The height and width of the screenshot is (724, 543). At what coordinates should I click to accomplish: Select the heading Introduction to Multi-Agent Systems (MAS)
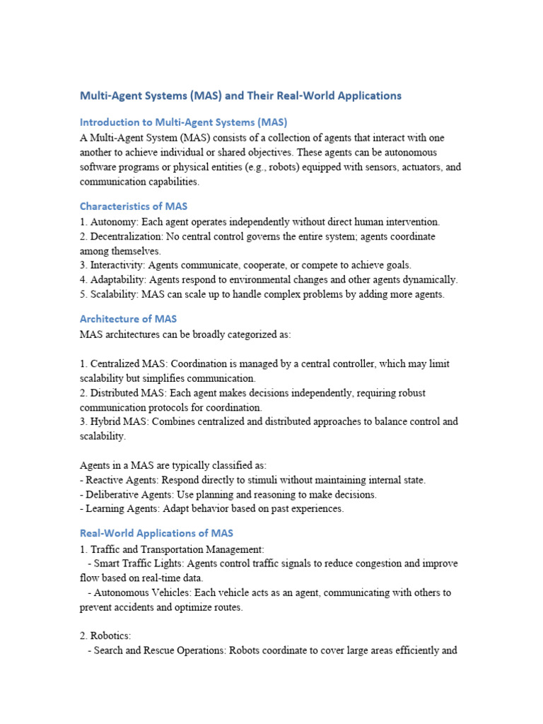point(183,122)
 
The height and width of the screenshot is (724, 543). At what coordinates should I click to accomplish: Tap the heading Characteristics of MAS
point(133,206)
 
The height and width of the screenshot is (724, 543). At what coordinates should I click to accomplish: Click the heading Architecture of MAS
point(128,319)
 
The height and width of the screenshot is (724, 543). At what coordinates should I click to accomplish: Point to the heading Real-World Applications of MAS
point(156,533)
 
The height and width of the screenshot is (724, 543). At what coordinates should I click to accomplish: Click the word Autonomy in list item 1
point(112,222)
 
